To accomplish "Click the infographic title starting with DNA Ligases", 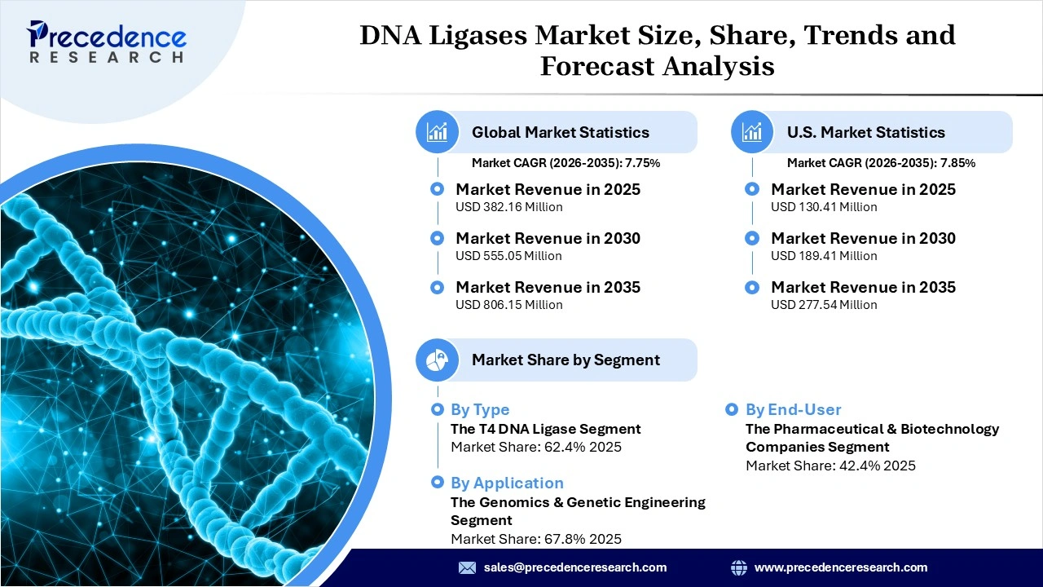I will click(657, 50).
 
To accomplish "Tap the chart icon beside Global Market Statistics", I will click(438, 132).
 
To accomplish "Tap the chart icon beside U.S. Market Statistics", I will click(752, 132).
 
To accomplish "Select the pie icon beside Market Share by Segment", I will click(438, 360).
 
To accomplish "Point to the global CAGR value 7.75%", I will click(642, 163).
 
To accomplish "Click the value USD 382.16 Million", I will click(508, 207).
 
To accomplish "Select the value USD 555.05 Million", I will click(508, 256).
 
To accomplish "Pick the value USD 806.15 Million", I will click(508, 305).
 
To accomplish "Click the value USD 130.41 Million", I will click(824, 207).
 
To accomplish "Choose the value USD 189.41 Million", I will click(824, 256).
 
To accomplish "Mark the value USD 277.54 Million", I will click(824, 305).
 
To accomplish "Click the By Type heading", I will click(480, 409).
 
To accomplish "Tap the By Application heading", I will click(507, 483).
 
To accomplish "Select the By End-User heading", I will click(793, 409).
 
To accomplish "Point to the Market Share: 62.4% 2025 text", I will click(536, 447).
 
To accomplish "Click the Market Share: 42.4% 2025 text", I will click(830, 466).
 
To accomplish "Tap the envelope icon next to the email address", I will click(467, 567).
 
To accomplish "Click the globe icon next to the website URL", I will click(739, 567).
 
